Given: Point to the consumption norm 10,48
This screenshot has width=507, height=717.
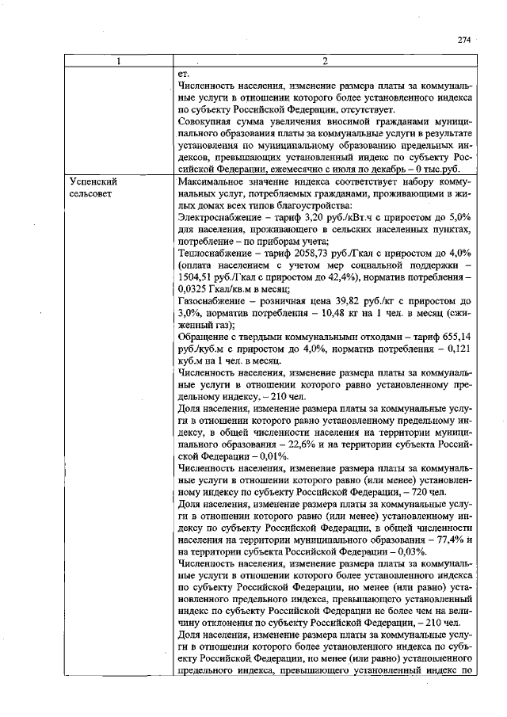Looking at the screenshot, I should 334,313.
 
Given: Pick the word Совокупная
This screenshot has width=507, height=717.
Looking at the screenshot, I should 208,122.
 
